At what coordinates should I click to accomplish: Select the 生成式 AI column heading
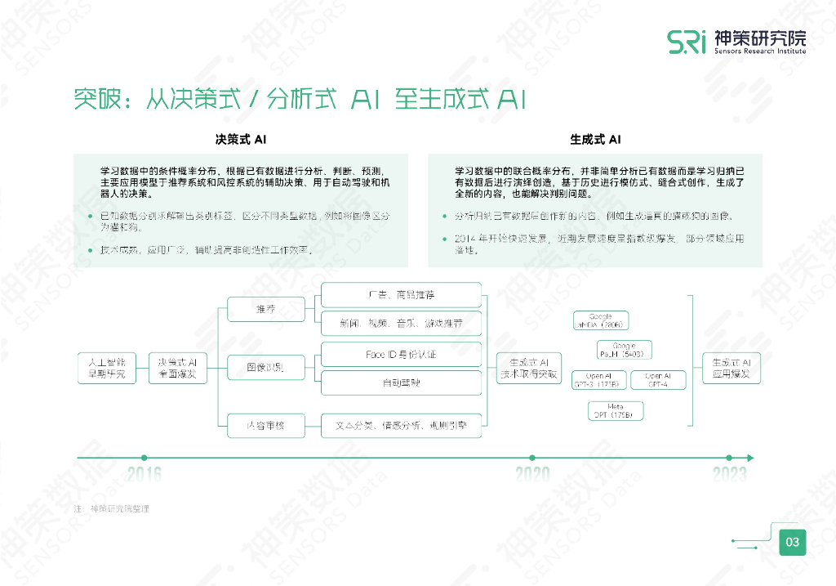595,140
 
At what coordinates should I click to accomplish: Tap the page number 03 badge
792,542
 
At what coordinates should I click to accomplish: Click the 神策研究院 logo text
759,38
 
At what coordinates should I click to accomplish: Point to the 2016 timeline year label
145,473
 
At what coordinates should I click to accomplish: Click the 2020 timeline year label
532,473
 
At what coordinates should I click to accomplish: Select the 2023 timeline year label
729,473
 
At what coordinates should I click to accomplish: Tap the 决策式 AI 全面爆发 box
177,368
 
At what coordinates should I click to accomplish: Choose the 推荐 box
266,310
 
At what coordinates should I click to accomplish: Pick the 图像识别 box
266,367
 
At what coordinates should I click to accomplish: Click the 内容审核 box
266,425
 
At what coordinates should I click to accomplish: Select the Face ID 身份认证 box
401,355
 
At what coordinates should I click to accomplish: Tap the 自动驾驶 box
401,382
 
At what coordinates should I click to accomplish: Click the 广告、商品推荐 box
401,294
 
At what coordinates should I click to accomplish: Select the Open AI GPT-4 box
658,379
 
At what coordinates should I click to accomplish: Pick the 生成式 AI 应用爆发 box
731,368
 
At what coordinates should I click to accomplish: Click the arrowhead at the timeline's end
750,458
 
